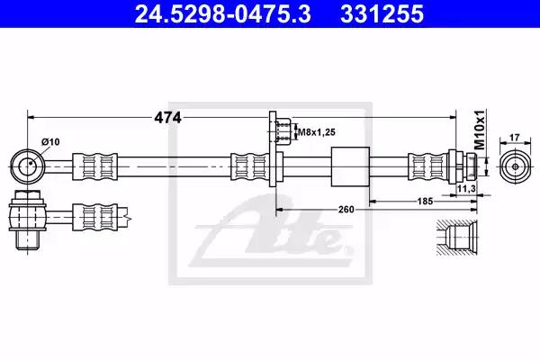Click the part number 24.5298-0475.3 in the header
222,13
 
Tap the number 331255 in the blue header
382,13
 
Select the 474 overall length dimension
167,118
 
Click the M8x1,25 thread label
317,132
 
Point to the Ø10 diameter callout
50,141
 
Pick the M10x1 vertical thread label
480,130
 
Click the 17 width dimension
514,138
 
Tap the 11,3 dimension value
466,188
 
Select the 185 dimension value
425,201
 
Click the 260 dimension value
346,209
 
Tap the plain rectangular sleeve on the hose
350,166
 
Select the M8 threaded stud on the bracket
283,131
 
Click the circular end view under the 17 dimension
515,166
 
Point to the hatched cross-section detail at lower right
457,238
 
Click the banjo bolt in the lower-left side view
27,220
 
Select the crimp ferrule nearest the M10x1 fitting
428,166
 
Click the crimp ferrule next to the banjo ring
94,166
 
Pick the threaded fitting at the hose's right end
463,166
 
